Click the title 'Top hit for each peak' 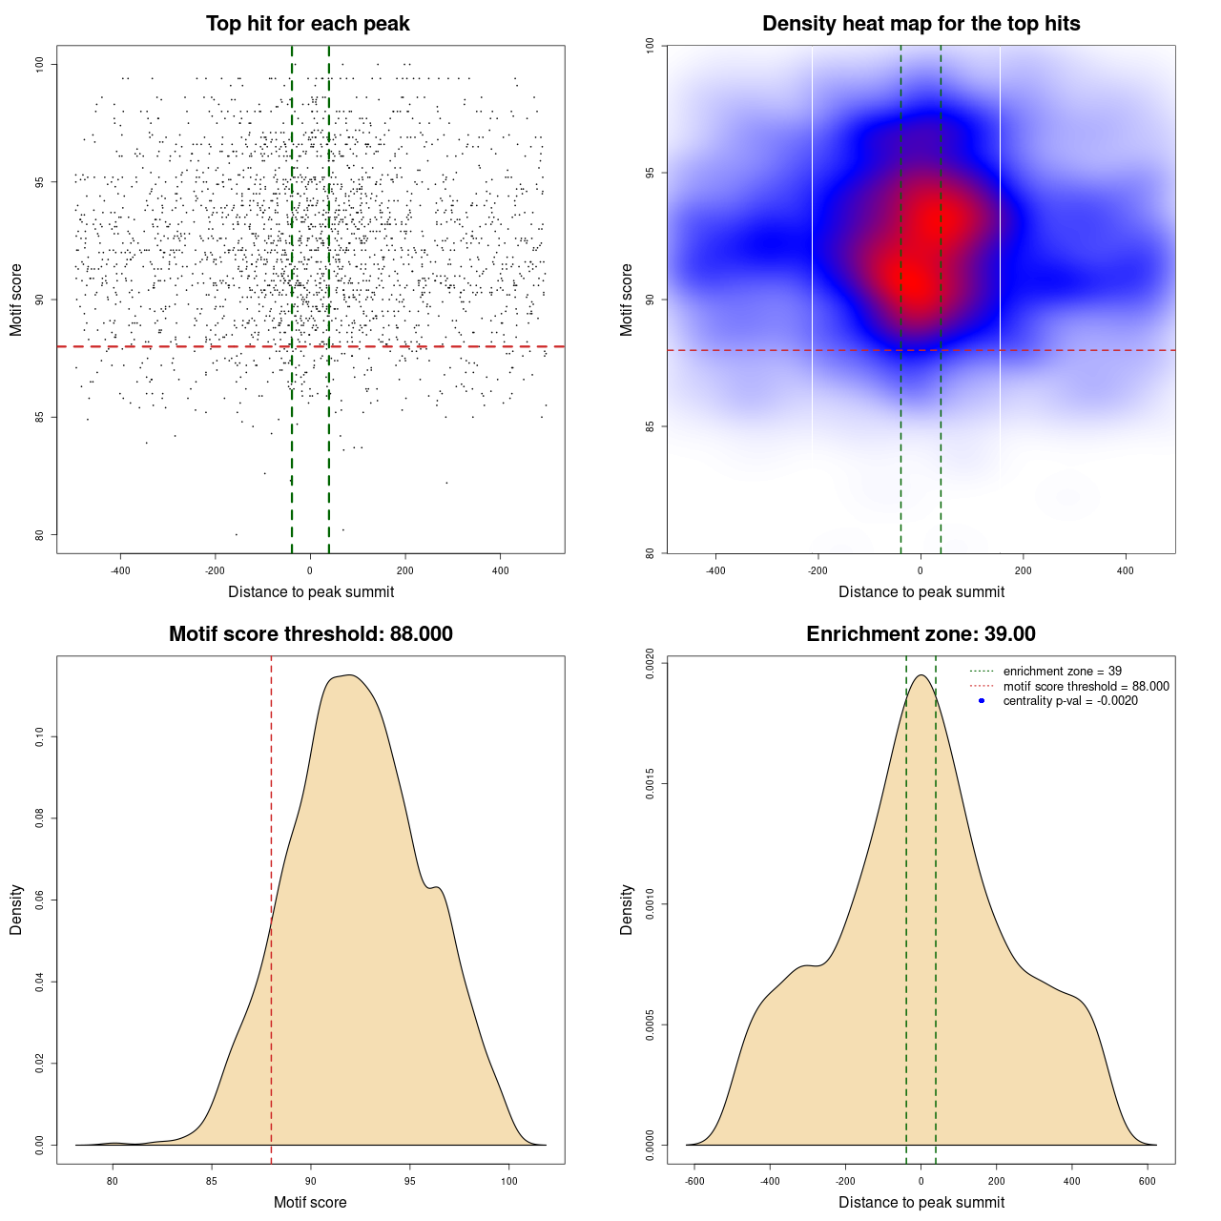(307, 24)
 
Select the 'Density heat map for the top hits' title (921, 24)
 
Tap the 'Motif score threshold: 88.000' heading (310, 634)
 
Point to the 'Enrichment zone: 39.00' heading (921, 634)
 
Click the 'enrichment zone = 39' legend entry (1062, 672)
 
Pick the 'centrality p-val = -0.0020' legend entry (1070, 701)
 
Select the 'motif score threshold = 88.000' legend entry (1086, 687)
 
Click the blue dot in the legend (982, 701)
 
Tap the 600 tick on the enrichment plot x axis (1148, 1181)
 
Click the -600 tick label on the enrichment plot (694, 1181)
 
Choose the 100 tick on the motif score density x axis (508, 1181)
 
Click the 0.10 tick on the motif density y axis (39, 736)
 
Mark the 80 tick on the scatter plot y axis (39, 534)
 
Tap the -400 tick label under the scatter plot (120, 570)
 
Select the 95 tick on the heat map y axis (650, 173)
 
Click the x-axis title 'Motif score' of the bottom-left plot (310, 1202)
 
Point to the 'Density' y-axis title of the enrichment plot (627, 909)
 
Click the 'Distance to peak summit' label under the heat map (921, 591)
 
